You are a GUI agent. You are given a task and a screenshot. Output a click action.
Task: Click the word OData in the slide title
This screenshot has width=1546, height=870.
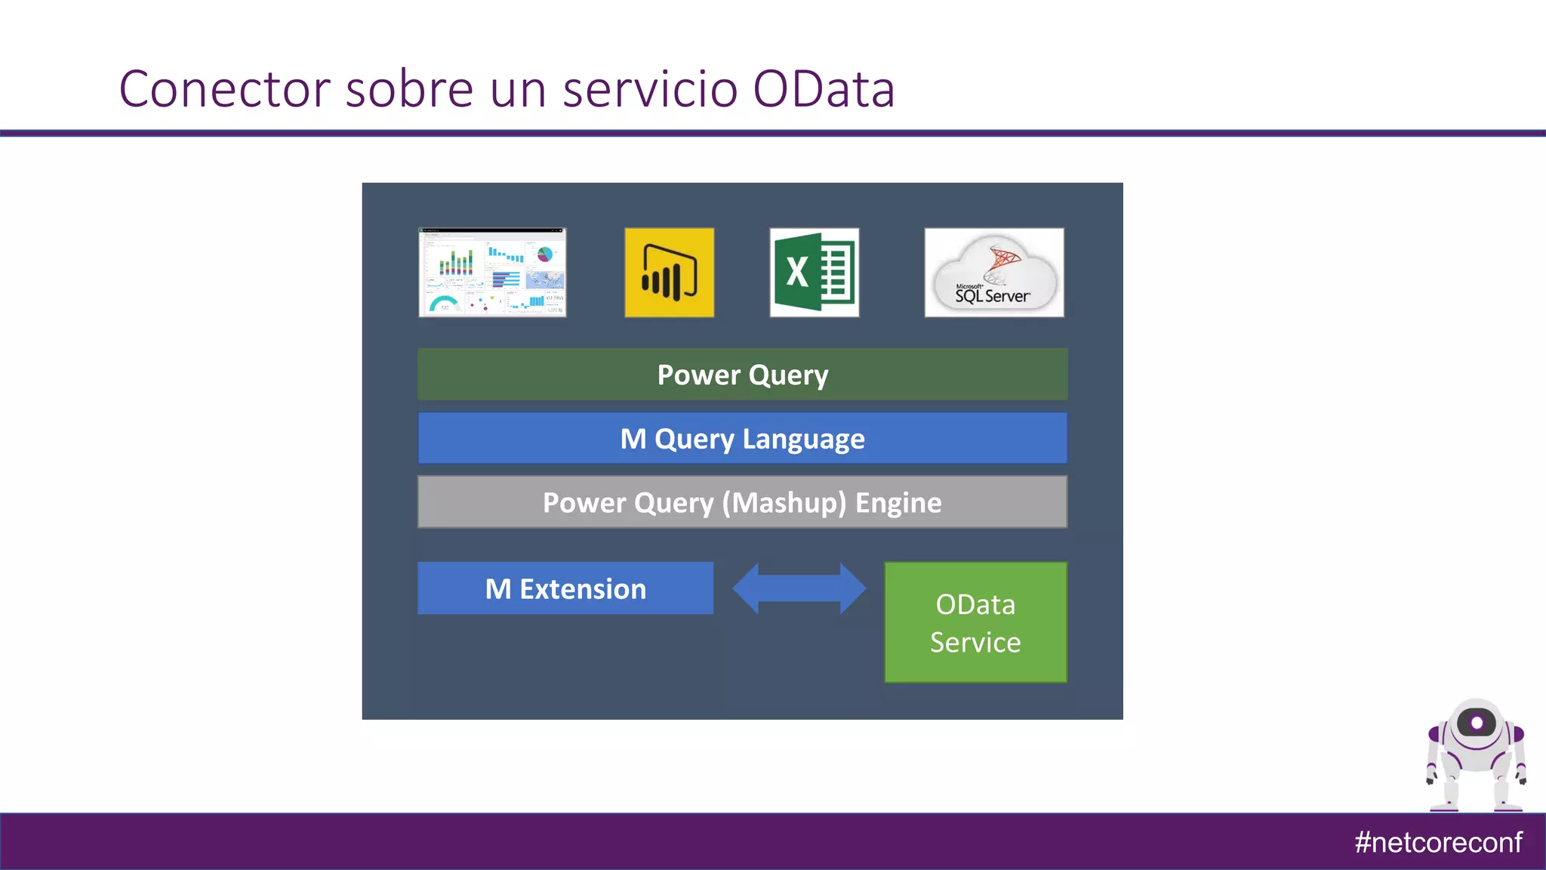click(x=824, y=89)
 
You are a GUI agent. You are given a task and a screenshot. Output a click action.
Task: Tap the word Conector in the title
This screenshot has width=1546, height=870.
click(x=224, y=89)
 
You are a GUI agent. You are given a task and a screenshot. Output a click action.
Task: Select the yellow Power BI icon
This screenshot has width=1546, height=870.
click(x=669, y=273)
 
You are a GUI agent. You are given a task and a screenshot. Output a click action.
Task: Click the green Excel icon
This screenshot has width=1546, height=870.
click(x=814, y=273)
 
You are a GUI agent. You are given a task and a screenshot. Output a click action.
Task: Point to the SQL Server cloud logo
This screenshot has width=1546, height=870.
click(x=993, y=273)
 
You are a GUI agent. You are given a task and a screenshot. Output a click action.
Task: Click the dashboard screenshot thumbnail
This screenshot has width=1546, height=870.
click(x=492, y=273)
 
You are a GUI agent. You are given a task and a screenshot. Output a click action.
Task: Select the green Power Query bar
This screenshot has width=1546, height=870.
click(x=742, y=375)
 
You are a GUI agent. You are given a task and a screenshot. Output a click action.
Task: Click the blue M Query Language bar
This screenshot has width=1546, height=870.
click(x=742, y=438)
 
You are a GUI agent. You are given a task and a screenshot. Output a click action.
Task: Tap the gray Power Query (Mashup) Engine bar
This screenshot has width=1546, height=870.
click(x=742, y=502)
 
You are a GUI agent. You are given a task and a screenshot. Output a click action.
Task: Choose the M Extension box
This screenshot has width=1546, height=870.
click(x=565, y=588)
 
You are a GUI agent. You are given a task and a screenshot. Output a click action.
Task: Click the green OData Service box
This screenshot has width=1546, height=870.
click(x=975, y=622)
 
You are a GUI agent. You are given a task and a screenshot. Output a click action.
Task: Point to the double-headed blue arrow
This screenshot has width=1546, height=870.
click(x=799, y=588)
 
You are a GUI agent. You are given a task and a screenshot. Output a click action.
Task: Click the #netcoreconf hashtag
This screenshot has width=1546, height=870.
click(x=1438, y=842)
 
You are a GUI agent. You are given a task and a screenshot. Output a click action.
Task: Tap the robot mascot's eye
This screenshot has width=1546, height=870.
click(x=1477, y=723)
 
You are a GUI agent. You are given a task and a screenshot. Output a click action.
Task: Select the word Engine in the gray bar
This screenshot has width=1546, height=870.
click(x=898, y=503)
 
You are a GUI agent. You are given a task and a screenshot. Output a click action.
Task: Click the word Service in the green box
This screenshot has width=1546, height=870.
click(x=975, y=642)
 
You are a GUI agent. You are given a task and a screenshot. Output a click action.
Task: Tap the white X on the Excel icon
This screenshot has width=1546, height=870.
click(x=797, y=272)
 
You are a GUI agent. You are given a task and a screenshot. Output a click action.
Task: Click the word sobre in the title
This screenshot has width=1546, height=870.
click(x=409, y=89)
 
